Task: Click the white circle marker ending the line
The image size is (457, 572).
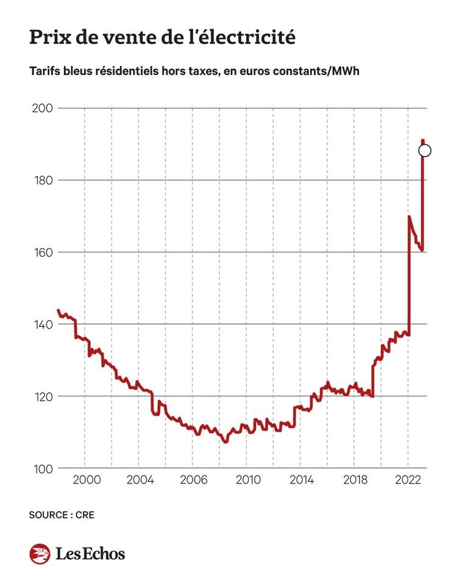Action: [425, 151]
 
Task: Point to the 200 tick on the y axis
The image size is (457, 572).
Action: [42, 109]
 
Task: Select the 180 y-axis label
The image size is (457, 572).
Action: [42, 181]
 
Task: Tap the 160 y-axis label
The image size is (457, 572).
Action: [42, 252]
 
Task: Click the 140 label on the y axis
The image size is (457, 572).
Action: [42, 324]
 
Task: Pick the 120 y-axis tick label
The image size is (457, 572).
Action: [42, 396]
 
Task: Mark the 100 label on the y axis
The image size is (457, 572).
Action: [42, 468]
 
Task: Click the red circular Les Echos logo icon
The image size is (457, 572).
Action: [40, 554]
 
